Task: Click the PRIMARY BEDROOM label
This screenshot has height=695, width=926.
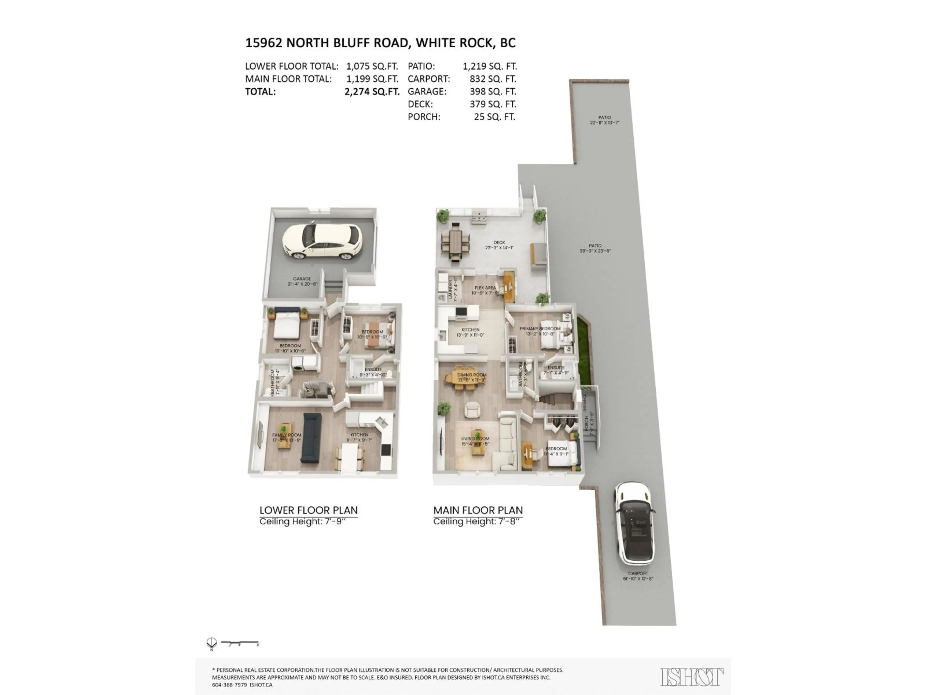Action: pyautogui.click(x=540, y=329)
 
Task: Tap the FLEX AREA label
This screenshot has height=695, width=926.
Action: pyautogui.click(x=485, y=288)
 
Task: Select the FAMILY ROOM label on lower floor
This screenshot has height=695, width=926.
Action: pyautogui.click(x=287, y=435)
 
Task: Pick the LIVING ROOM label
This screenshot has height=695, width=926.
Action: pyautogui.click(x=475, y=439)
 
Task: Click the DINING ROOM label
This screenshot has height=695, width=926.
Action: pyautogui.click(x=472, y=375)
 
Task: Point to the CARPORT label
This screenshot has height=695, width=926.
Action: pyautogui.click(x=638, y=574)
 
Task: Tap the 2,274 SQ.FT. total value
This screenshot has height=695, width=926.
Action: pyautogui.click(x=372, y=92)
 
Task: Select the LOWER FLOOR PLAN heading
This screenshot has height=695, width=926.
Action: pyautogui.click(x=308, y=510)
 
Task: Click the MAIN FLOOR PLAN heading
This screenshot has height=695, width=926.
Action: pyautogui.click(x=478, y=510)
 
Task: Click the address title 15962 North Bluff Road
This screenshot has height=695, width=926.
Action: pyautogui.click(x=380, y=43)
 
